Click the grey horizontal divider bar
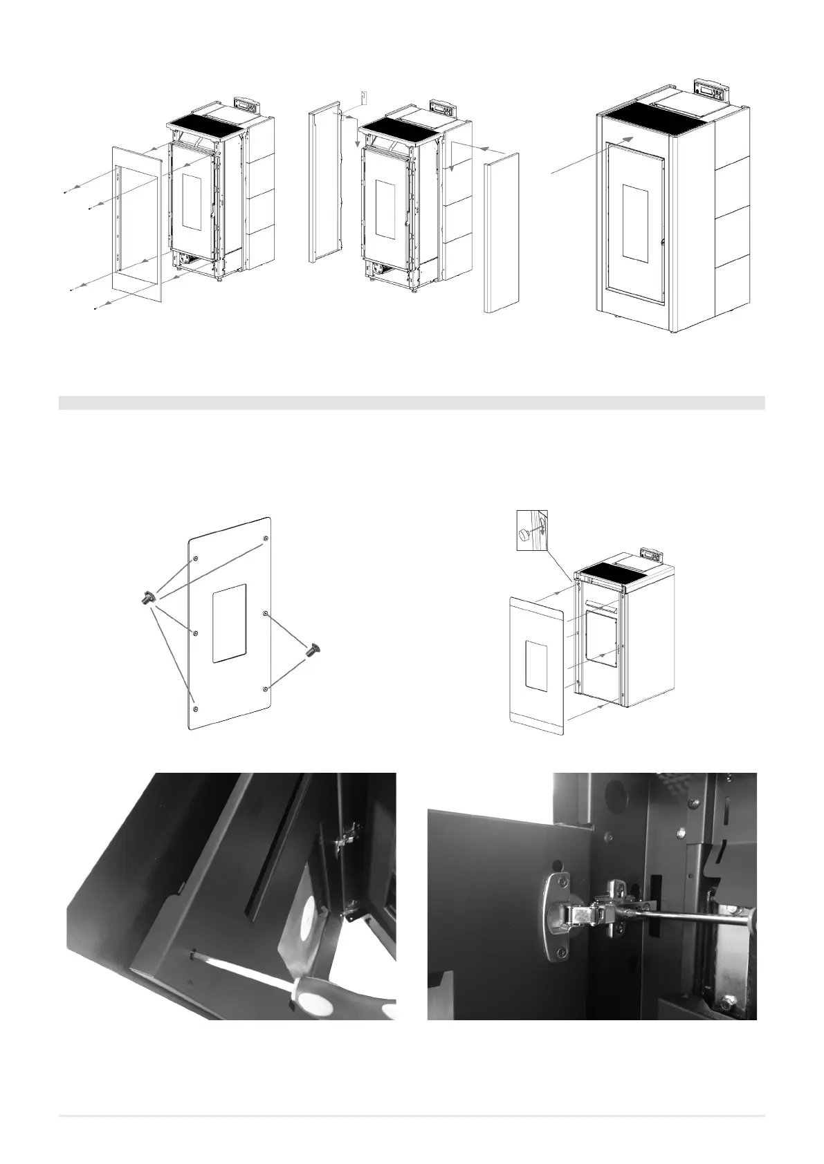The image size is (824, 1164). [x=412, y=402]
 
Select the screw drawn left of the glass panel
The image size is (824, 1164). [x=147, y=598]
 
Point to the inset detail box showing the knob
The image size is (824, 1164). [x=532, y=531]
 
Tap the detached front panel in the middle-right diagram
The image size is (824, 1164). [x=536, y=667]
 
